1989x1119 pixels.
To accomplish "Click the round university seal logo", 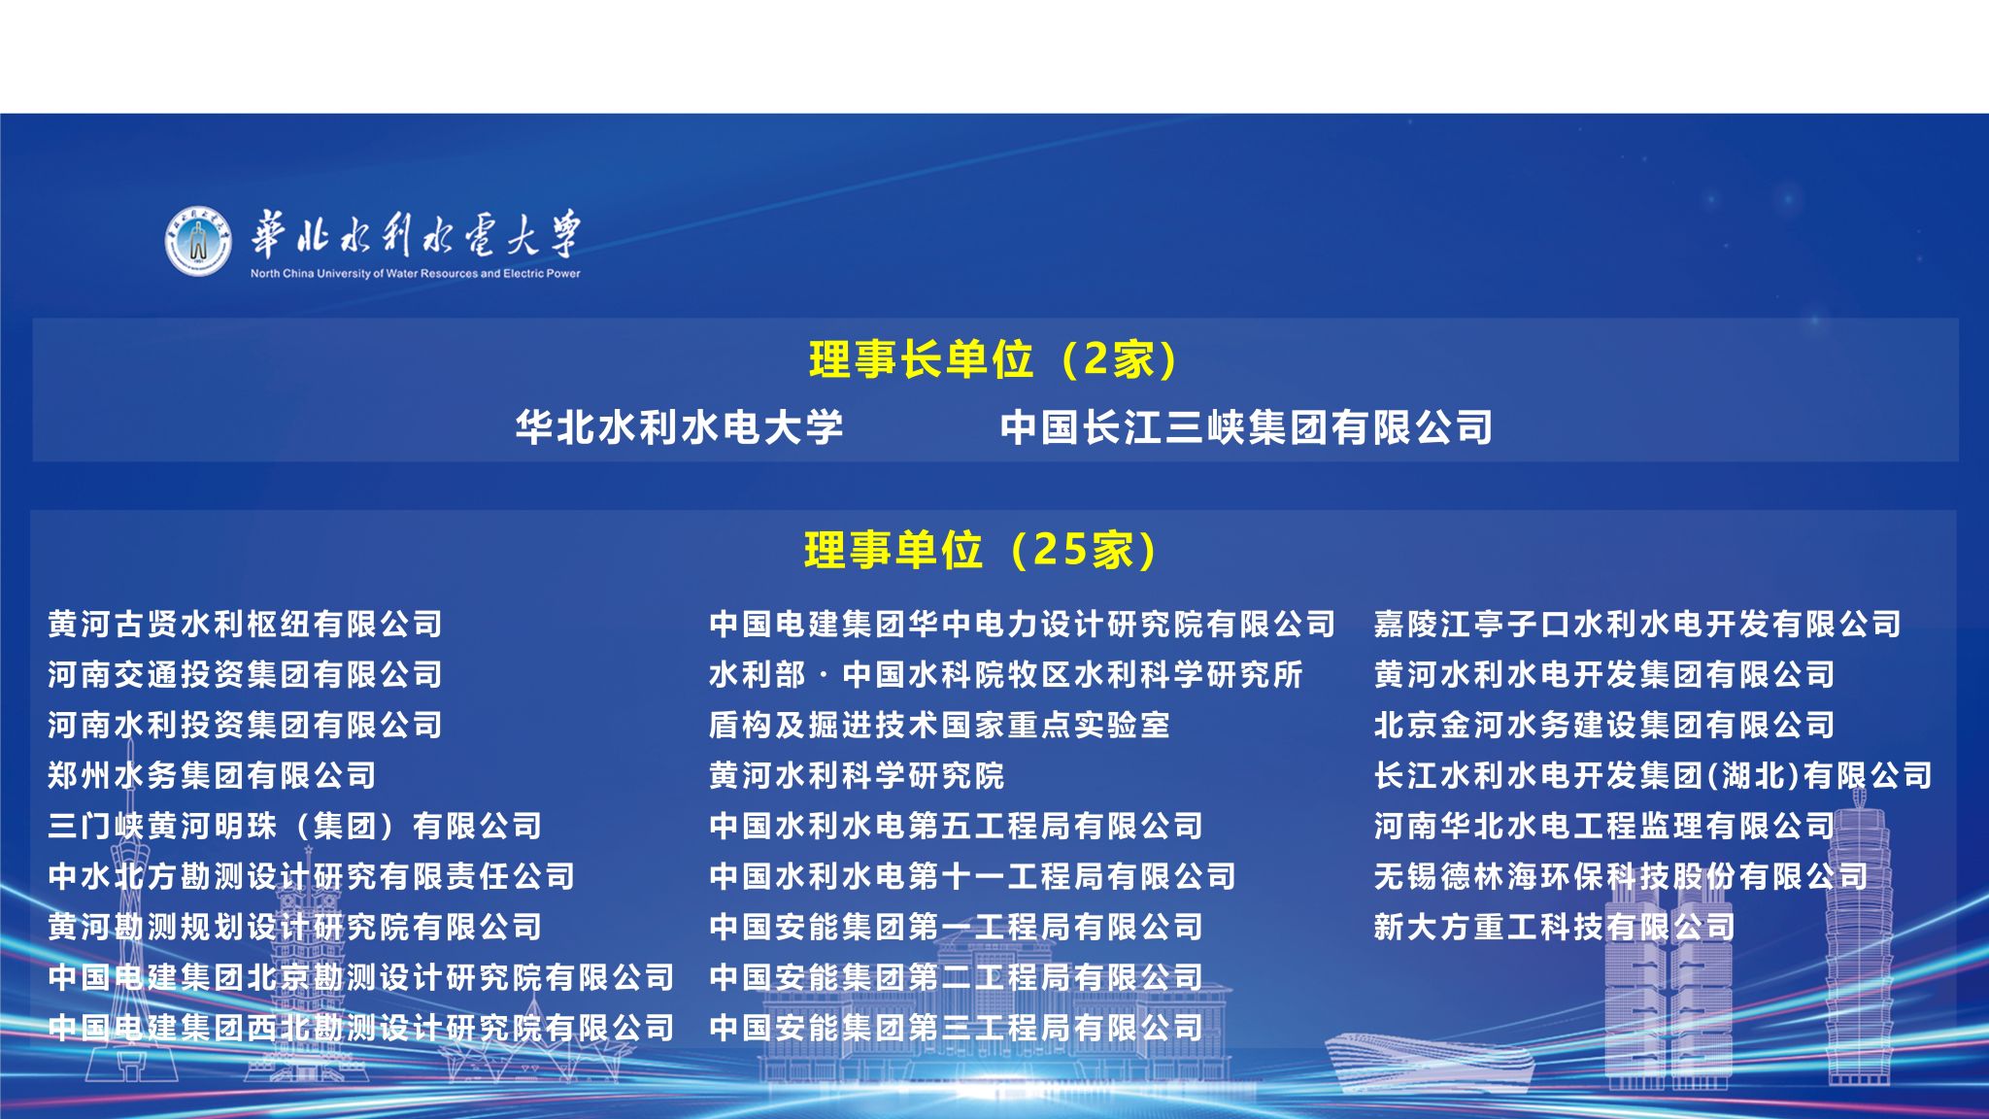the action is pyautogui.click(x=198, y=240).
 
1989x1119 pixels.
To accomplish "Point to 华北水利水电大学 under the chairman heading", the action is pyautogui.click(x=680, y=427).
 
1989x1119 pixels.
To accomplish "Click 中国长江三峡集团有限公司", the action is pyautogui.click(x=1247, y=427).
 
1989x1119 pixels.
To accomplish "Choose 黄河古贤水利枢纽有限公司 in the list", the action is pyautogui.click(x=246, y=624).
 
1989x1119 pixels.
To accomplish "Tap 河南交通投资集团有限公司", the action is pyautogui.click(x=246, y=674).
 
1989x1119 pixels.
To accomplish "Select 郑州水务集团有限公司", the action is pyautogui.click(x=213, y=775).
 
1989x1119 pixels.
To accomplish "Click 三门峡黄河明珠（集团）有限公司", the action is pyautogui.click(x=295, y=826).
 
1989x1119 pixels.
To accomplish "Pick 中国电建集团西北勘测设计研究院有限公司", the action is pyautogui.click(x=361, y=1028).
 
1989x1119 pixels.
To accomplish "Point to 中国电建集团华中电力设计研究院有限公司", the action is pyautogui.click(x=1023, y=624).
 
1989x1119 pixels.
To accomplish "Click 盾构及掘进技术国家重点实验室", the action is pyautogui.click(x=940, y=725).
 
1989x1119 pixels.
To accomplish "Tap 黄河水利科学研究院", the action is pyautogui.click(x=857, y=775).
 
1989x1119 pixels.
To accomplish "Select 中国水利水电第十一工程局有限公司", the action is pyautogui.click(x=973, y=876).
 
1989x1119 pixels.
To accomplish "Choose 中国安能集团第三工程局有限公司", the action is pyautogui.click(x=957, y=1028).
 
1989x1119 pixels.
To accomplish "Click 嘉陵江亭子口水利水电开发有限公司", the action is pyautogui.click(x=1637, y=624).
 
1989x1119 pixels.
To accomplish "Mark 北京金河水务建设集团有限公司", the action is pyautogui.click(x=1604, y=725).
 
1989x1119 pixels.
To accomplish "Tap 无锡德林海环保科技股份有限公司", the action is pyautogui.click(x=1621, y=876).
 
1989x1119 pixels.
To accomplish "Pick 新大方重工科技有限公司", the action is pyautogui.click(x=1555, y=927).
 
